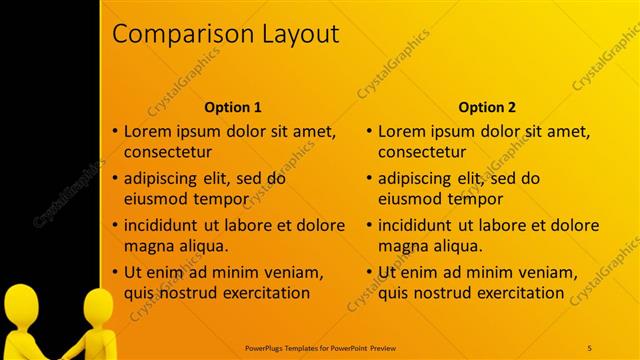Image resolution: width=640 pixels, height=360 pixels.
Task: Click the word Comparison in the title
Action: tap(173, 34)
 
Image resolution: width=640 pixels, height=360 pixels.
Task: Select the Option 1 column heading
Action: tap(233, 107)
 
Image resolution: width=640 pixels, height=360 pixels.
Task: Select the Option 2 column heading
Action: tap(488, 107)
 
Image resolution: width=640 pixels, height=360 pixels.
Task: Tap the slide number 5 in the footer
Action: tap(589, 347)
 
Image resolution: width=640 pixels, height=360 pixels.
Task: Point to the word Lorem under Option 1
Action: tap(148, 131)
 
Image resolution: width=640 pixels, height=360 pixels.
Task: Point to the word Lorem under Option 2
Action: tap(403, 131)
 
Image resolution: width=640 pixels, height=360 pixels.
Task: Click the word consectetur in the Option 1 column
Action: tap(168, 153)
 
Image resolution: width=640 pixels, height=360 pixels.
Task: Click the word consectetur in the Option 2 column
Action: tap(423, 153)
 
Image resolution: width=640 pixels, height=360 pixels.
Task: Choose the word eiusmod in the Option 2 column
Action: tap(412, 199)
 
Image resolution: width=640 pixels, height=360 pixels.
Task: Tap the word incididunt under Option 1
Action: tap(165, 225)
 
